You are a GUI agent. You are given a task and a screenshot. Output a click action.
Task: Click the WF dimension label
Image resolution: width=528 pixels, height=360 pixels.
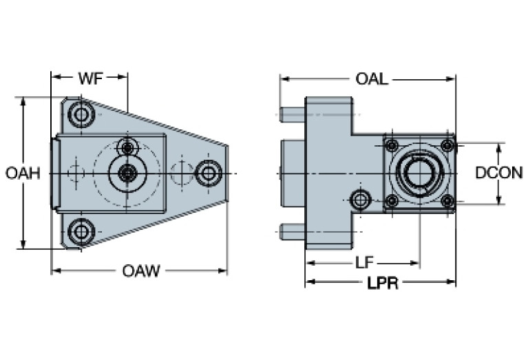90,78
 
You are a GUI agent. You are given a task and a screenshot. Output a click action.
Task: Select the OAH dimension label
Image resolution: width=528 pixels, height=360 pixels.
23,173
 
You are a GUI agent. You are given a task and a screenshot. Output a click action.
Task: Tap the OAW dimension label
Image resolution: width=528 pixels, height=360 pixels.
141,271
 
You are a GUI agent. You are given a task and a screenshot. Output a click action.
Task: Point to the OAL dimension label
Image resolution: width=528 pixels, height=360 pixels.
372,78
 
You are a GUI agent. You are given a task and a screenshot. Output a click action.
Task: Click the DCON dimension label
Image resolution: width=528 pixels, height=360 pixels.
499,173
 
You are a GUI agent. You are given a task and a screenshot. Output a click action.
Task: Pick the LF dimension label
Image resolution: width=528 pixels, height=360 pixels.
365,262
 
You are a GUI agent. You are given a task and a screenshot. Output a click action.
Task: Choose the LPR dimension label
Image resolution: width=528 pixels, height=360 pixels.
383,282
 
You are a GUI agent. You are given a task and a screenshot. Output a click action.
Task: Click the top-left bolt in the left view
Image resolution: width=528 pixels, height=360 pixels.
83,114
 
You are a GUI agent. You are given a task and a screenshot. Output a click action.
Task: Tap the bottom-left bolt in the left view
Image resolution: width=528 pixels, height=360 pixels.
82,231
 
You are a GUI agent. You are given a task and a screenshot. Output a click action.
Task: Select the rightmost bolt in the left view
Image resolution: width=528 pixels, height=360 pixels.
207,172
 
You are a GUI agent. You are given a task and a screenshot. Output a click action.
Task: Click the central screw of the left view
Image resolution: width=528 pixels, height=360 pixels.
127,173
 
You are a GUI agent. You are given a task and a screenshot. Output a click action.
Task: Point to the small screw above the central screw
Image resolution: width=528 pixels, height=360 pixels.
127,147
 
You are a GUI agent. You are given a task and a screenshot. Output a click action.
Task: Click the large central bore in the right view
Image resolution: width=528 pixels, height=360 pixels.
419,173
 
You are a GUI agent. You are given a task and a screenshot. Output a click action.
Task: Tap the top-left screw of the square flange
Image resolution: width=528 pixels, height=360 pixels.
392,145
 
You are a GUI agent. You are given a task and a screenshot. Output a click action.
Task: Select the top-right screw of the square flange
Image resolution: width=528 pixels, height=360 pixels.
447,145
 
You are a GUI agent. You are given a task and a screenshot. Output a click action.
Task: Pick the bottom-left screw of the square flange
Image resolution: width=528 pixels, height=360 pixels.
392,200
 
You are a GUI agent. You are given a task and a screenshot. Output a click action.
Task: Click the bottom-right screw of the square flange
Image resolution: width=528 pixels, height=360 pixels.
447,200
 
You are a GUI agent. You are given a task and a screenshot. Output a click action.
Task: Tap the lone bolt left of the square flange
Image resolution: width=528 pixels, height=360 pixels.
360,200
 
